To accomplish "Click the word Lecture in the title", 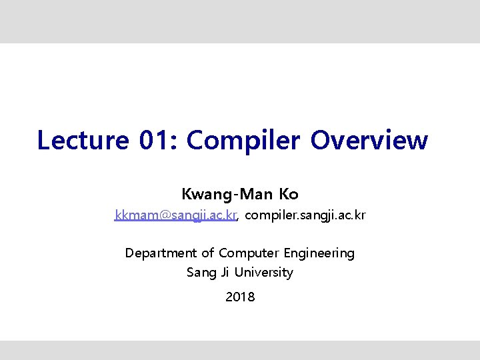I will (83, 141).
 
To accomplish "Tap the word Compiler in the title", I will (245, 141).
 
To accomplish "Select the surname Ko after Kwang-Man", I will (289, 195).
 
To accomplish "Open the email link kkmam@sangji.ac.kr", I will (175, 215).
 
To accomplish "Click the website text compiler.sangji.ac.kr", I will (305, 215).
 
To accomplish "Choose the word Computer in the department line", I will (249, 253).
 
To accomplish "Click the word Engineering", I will (319, 253).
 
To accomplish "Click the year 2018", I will (240, 297).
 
